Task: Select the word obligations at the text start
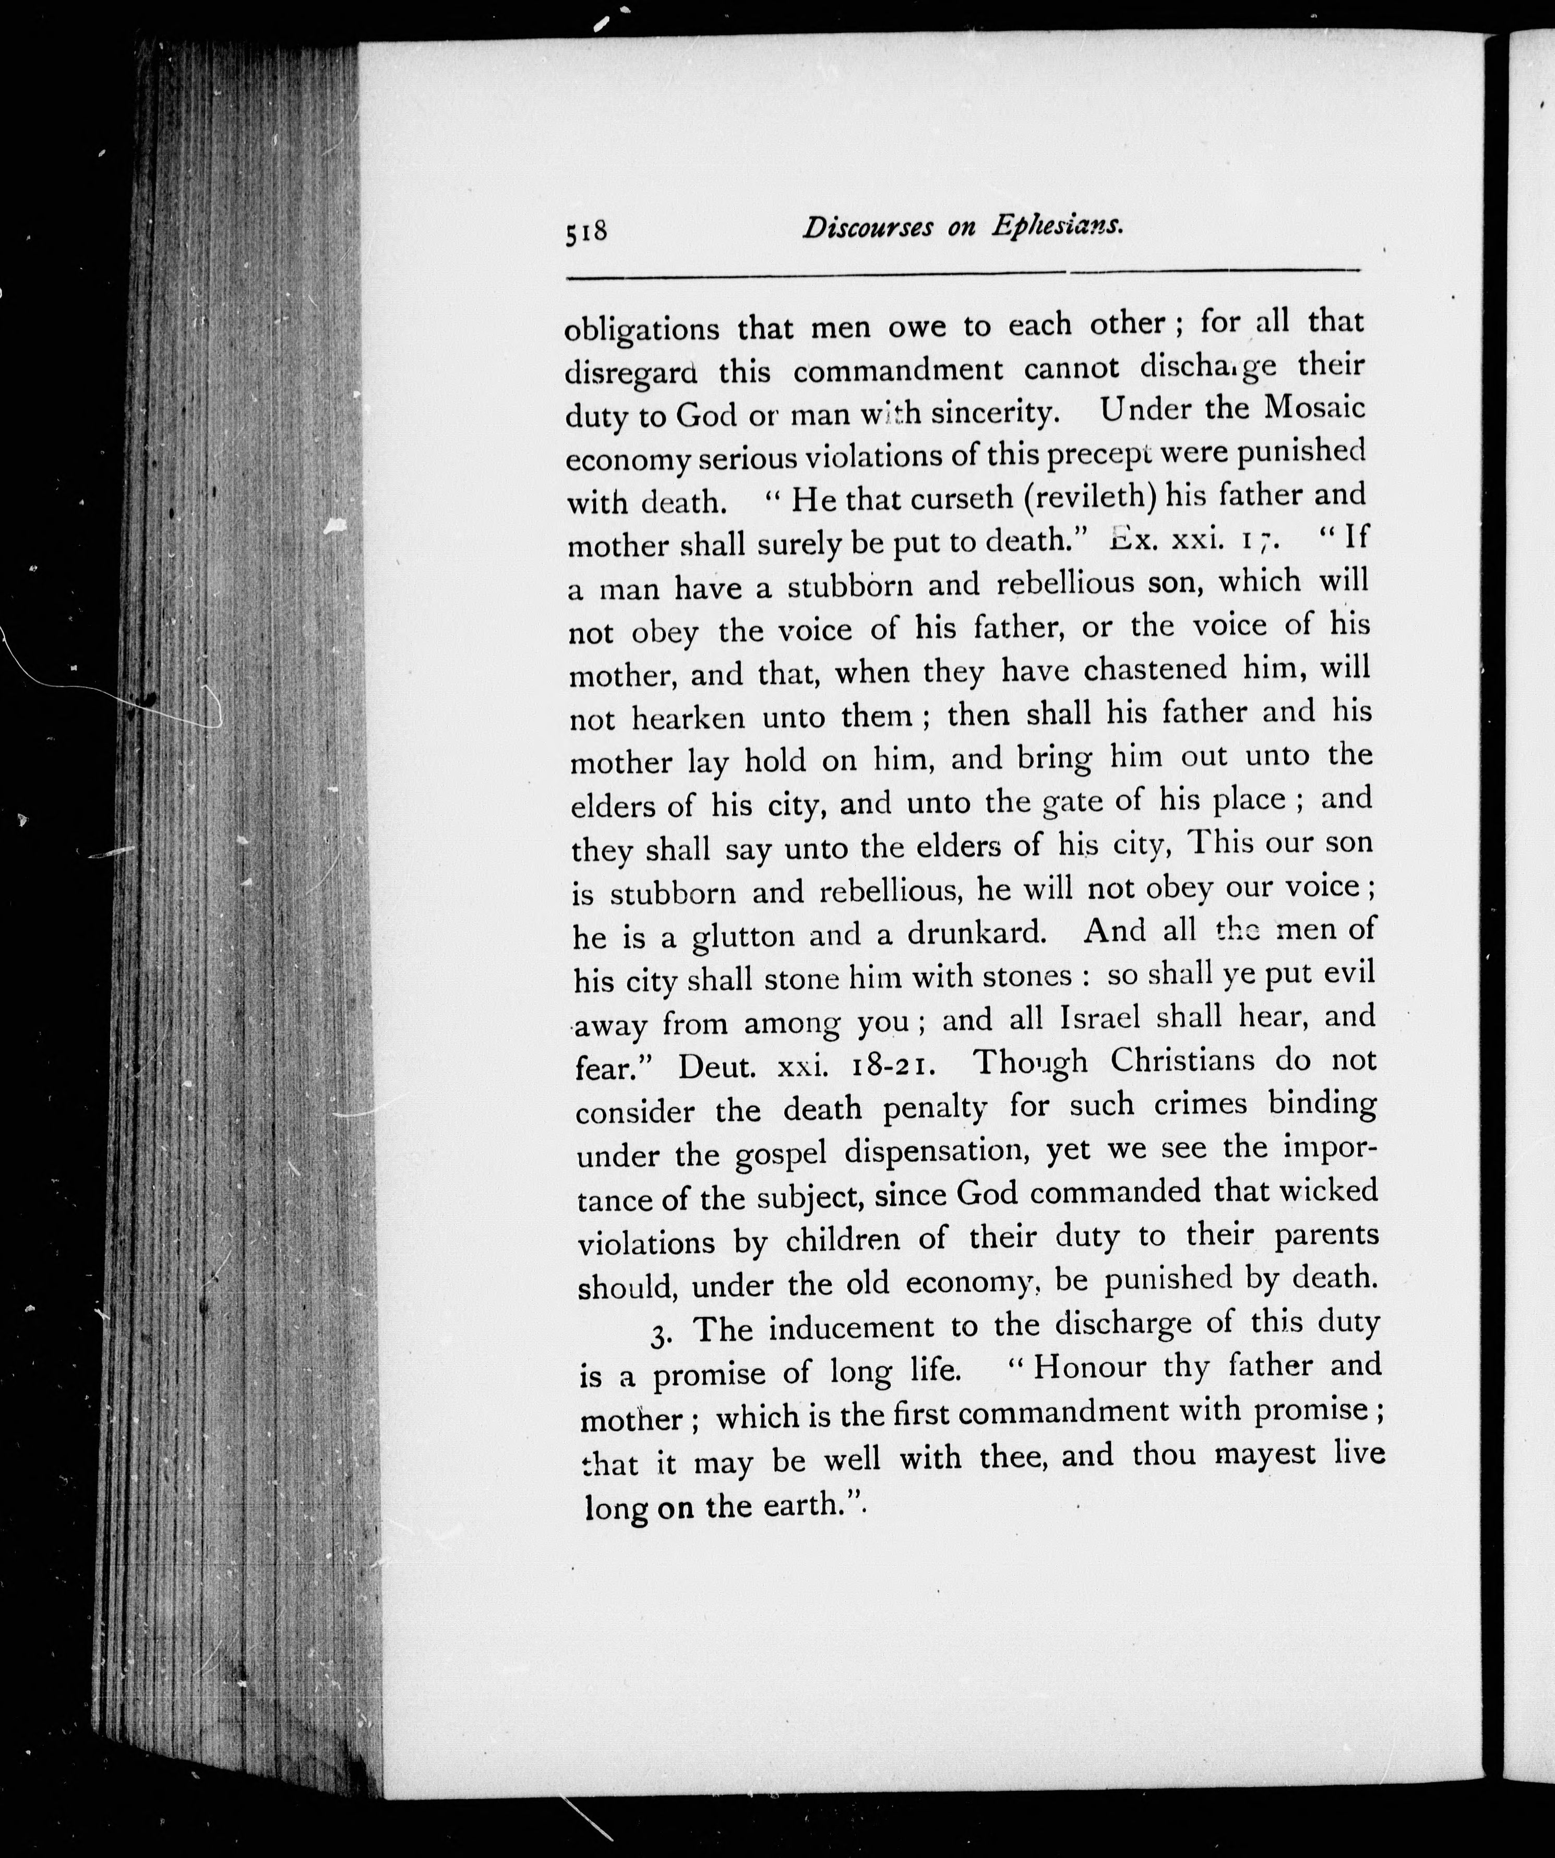(642, 329)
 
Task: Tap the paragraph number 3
(658, 1334)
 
